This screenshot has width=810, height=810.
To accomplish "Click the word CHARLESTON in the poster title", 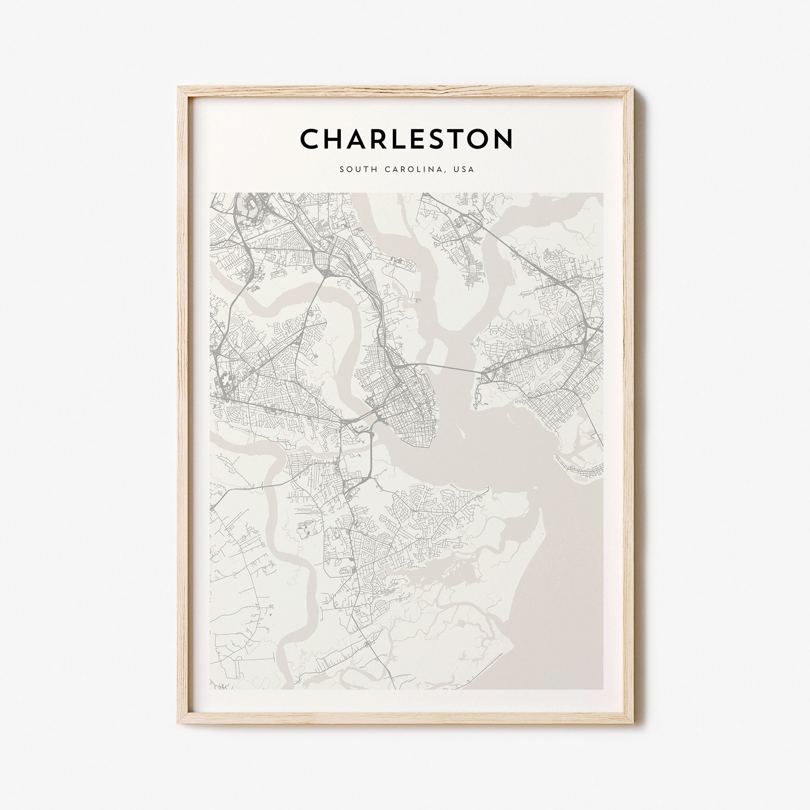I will tap(406, 139).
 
